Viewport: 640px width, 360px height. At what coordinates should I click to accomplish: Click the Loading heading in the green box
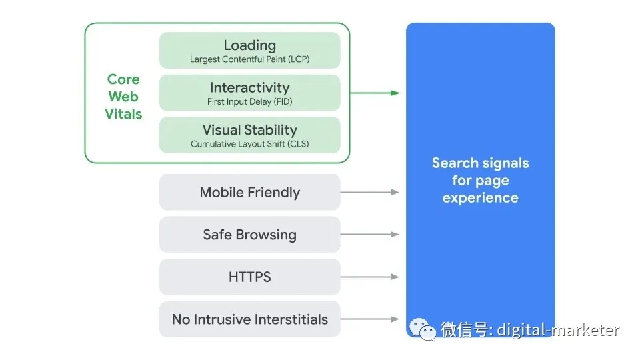tap(249, 45)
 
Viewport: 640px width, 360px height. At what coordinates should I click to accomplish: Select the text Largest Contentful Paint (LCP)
tap(249, 59)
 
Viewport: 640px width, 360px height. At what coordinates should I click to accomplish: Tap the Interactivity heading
tap(249, 87)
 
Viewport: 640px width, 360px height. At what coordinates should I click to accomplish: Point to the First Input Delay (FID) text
tap(249, 102)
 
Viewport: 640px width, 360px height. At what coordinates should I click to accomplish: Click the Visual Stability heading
tap(249, 130)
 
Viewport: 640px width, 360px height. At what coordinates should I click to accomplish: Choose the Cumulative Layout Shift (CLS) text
tap(249, 144)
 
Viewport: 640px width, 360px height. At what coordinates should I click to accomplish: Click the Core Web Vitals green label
tap(123, 97)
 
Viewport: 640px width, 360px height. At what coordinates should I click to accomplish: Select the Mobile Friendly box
tap(249, 192)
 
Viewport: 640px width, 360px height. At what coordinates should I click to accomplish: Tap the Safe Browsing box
tap(249, 235)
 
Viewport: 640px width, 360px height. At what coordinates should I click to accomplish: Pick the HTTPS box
tap(249, 277)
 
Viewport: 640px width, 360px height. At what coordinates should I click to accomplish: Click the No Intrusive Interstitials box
tap(249, 319)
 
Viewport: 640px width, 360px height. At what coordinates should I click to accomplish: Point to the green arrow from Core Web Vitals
tap(375, 93)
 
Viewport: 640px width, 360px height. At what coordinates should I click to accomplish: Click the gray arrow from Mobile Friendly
tap(370, 192)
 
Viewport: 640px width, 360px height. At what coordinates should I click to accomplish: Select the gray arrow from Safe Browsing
tap(370, 235)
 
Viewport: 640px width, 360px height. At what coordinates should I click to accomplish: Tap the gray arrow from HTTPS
tap(370, 277)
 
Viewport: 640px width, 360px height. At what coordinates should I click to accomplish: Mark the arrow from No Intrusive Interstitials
tap(370, 319)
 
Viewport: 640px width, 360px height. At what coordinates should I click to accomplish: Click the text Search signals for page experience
tap(480, 180)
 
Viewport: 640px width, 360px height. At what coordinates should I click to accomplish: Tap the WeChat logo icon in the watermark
tap(423, 329)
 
